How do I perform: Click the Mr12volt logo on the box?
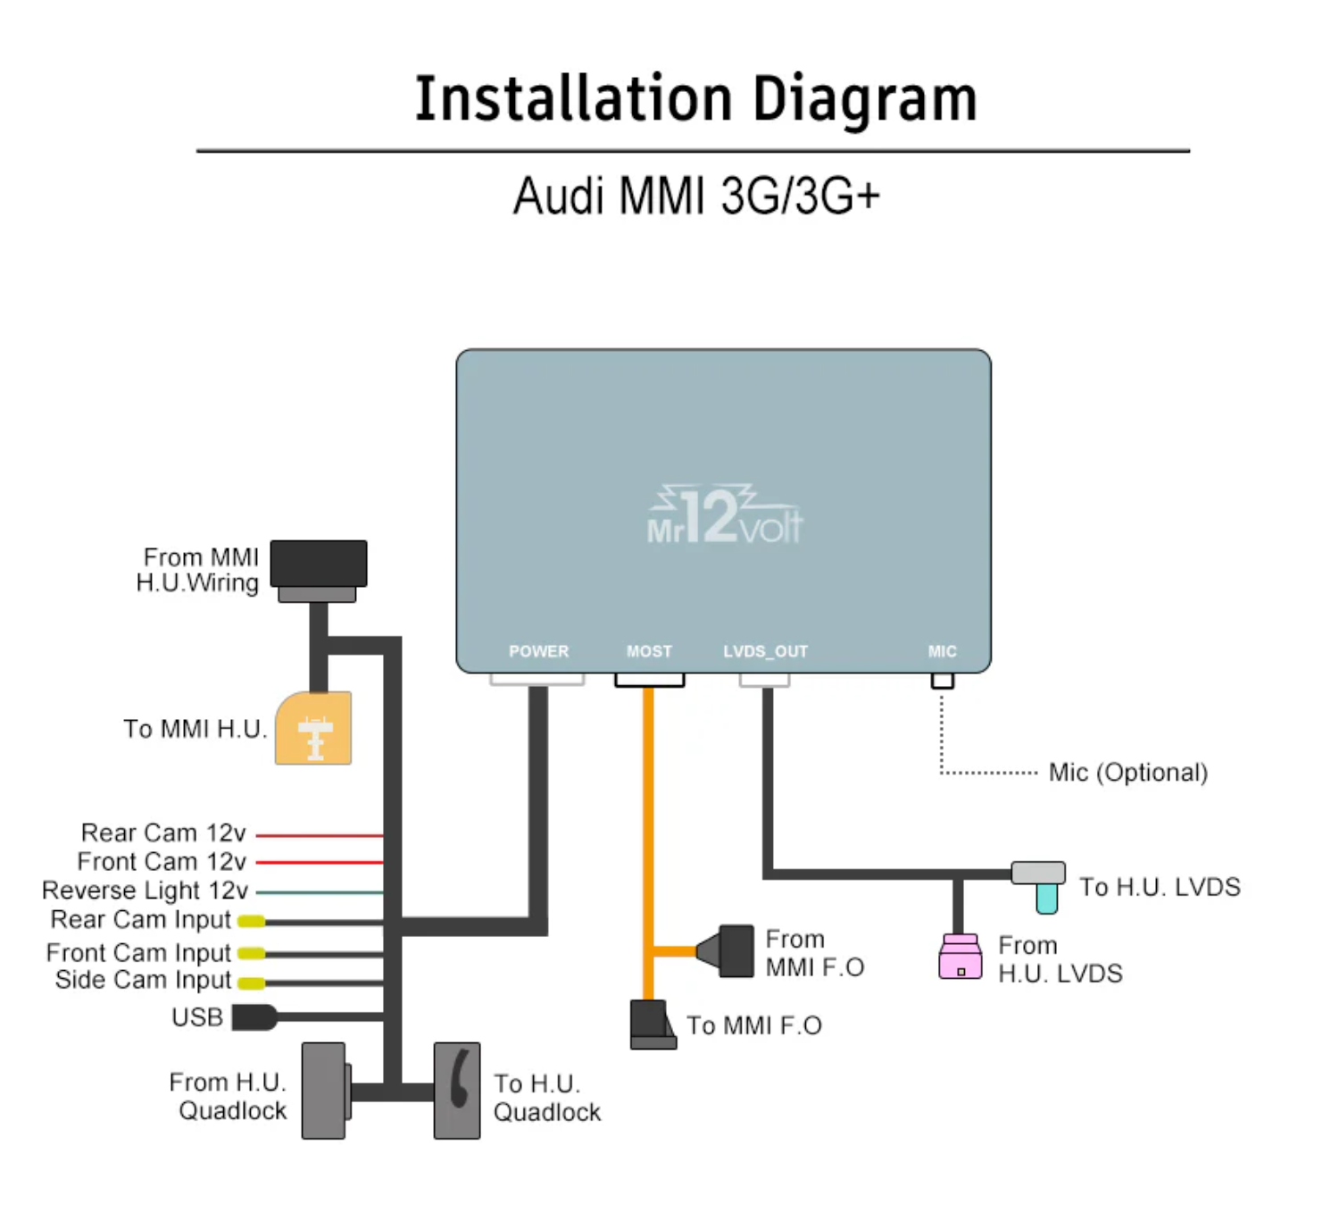pyautogui.click(x=724, y=516)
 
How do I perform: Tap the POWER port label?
pyautogui.click(x=538, y=651)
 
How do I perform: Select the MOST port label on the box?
pyautogui.click(x=649, y=651)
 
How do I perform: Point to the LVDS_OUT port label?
pyautogui.click(x=765, y=651)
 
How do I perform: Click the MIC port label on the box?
pyautogui.click(x=942, y=651)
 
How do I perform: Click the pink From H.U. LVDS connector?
pyautogui.click(x=961, y=957)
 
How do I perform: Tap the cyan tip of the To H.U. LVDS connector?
pyautogui.click(x=1047, y=898)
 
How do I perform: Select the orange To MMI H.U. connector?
pyautogui.click(x=313, y=729)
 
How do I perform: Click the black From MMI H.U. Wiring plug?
pyautogui.click(x=319, y=565)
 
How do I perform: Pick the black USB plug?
pyautogui.click(x=254, y=1017)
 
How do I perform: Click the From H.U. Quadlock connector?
pyautogui.click(x=324, y=1091)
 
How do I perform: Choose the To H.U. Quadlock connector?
pyautogui.click(x=457, y=1091)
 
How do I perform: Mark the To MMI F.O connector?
pyautogui.click(x=652, y=1024)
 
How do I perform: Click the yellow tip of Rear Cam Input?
pyautogui.click(x=252, y=922)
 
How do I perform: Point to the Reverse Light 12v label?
pyautogui.click(x=145, y=891)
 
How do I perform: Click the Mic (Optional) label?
pyautogui.click(x=1128, y=773)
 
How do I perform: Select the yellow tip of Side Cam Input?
pyautogui.click(x=252, y=983)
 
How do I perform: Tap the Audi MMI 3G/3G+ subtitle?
pyautogui.click(x=696, y=196)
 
